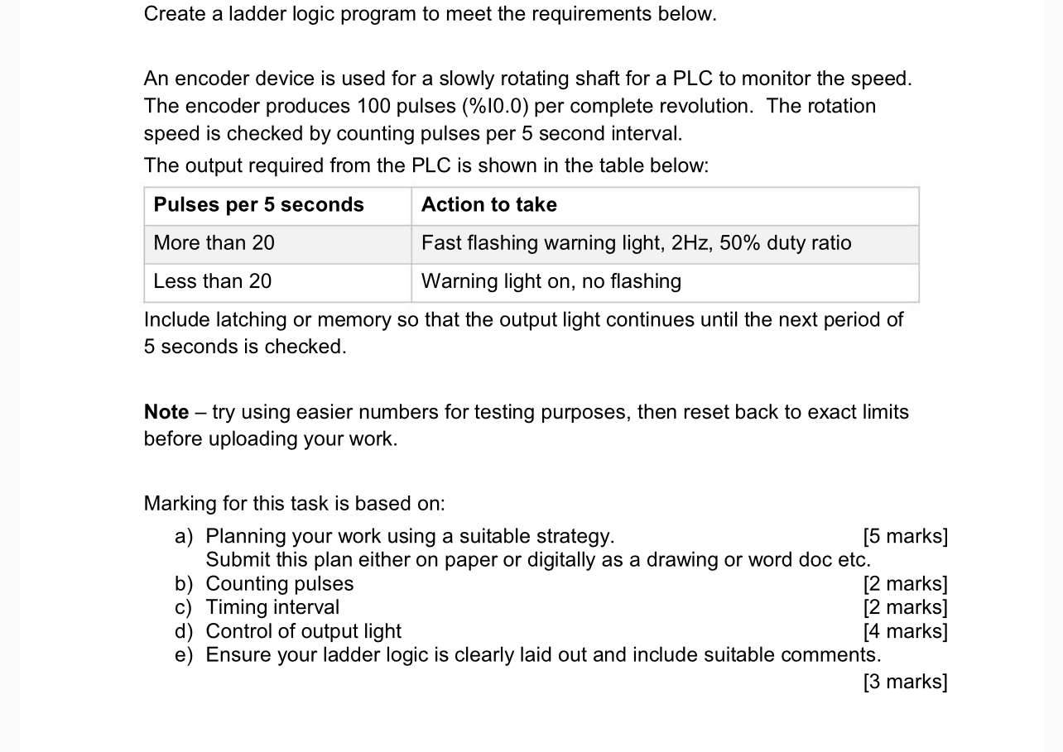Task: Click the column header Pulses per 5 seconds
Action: click(x=258, y=205)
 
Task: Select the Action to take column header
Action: click(x=488, y=205)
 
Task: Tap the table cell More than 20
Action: click(x=214, y=243)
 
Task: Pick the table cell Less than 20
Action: click(x=212, y=281)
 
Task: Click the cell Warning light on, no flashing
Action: click(x=551, y=281)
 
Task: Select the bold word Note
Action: click(x=166, y=412)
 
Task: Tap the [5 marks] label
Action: click(x=905, y=536)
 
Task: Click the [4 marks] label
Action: click(x=905, y=631)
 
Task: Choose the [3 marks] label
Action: click(x=905, y=682)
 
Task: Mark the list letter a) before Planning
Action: click(x=184, y=536)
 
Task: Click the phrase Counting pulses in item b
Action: click(x=279, y=584)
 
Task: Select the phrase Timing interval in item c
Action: click(x=272, y=607)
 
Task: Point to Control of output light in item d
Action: click(x=303, y=631)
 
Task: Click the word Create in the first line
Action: click(x=175, y=14)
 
